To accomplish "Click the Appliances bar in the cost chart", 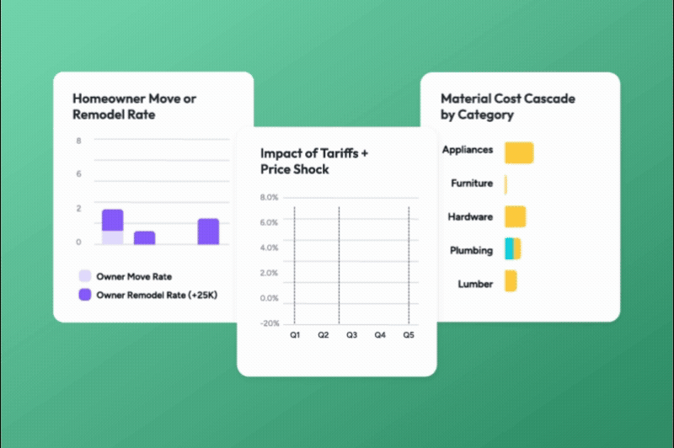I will [x=519, y=152].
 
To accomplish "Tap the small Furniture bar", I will [x=505, y=184].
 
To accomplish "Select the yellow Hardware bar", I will [x=516, y=216].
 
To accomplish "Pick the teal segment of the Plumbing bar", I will [x=509, y=248].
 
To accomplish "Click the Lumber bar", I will [x=511, y=281].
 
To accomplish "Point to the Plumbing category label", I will [x=471, y=251].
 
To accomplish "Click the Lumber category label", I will [x=475, y=284].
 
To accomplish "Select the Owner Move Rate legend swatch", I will [x=84, y=276].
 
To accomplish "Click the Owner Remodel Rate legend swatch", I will [x=84, y=295].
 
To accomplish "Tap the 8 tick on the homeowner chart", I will [x=79, y=141].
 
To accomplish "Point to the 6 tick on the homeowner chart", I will [x=79, y=174].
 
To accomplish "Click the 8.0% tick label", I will [x=269, y=198].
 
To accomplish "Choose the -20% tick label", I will [x=269, y=323].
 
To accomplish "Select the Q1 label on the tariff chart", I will [x=295, y=335].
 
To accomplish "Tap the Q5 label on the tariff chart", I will [x=409, y=335].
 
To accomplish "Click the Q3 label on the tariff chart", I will [x=351, y=335].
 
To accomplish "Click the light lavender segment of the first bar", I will [x=112, y=237].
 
